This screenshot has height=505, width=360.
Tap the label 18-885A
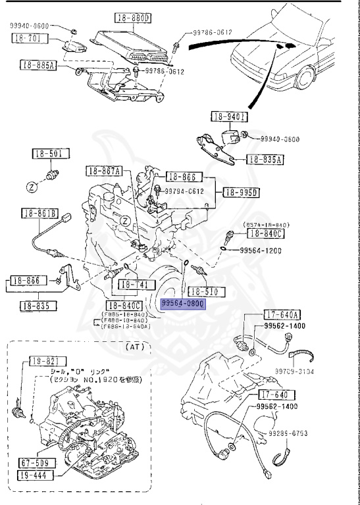[x=39, y=65]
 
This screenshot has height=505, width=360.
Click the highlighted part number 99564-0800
[x=184, y=304]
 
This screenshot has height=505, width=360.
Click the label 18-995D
[x=242, y=193]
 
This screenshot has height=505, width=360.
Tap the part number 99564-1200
[x=261, y=250]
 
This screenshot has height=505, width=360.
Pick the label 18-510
[x=206, y=291]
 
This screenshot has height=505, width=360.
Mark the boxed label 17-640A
[x=282, y=314]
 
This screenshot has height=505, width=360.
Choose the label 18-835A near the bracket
[x=265, y=159]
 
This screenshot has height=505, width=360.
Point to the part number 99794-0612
[x=184, y=191]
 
